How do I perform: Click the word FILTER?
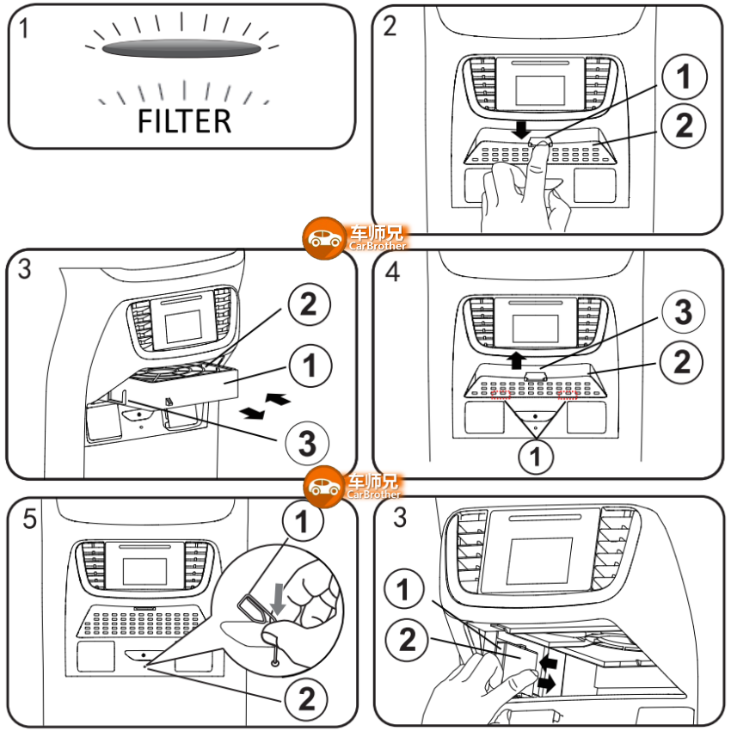(184, 120)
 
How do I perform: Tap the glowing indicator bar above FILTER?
(181, 49)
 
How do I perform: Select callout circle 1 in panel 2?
(684, 79)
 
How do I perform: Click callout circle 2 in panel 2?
(684, 126)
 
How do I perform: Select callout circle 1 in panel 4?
(537, 456)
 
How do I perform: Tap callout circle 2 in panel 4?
(682, 362)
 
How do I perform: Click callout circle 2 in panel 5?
(306, 700)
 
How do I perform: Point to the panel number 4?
(393, 273)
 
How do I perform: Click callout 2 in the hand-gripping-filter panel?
(408, 639)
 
